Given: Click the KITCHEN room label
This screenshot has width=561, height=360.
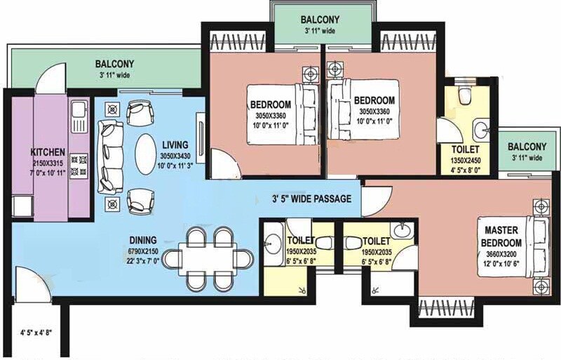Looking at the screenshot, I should click(48, 152).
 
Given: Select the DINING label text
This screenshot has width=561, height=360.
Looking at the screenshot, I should click(142, 239).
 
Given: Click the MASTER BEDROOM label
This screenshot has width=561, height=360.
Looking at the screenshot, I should click(501, 236).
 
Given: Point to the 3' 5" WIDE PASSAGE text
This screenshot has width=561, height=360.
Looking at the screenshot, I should click(312, 199).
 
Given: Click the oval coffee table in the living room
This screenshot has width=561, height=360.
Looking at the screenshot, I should click(146, 152).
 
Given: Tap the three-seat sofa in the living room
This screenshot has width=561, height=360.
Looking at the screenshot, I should click(109, 152).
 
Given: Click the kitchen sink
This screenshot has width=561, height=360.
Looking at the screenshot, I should click(77, 110).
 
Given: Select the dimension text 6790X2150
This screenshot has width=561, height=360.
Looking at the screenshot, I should click(142, 251).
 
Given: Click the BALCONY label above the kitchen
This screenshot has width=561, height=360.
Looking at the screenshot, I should click(114, 64).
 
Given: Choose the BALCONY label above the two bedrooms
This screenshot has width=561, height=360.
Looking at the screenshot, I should click(320, 20).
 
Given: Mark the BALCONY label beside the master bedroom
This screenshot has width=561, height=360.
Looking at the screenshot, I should click(527, 147).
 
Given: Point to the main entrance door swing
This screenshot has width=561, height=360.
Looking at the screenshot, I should click(29, 284).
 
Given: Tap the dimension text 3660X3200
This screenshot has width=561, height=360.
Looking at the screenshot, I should click(501, 255).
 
